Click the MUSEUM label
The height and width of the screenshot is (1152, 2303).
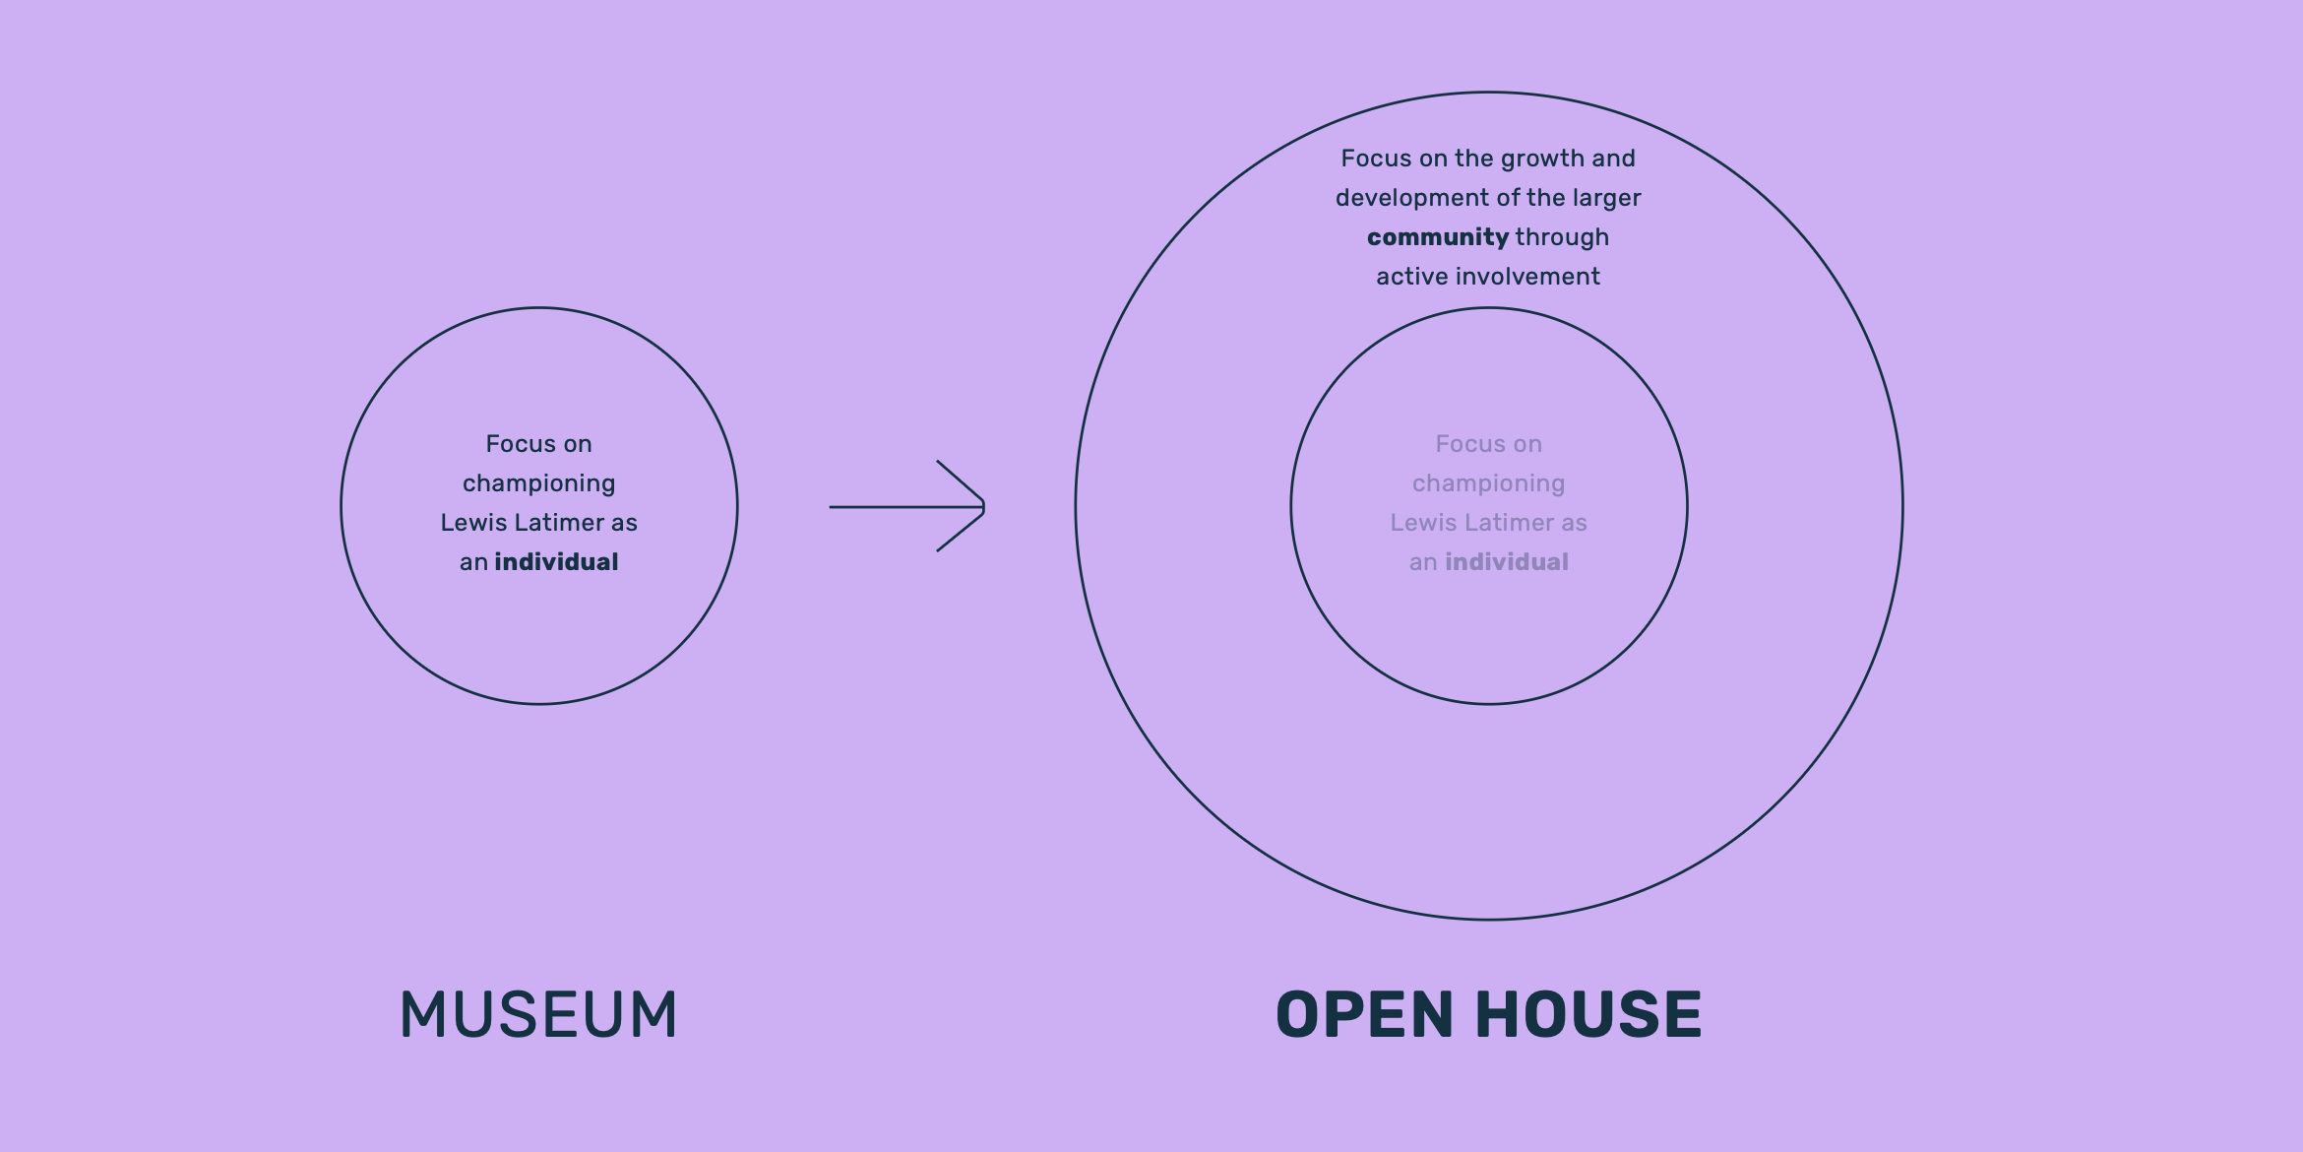(x=538, y=1015)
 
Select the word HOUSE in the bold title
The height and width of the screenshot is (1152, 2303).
(x=1588, y=1015)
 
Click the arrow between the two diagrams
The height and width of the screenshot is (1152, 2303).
(x=907, y=506)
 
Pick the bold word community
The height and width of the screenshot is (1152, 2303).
(x=1437, y=237)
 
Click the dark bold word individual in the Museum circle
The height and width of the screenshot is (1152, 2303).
(x=556, y=562)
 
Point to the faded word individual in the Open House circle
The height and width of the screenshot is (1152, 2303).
(x=1506, y=562)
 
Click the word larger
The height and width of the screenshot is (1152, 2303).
(x=1606, y=198)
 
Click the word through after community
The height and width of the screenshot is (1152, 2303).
(x=1562, y=237)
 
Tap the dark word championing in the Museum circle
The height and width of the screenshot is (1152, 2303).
(x=538, y=483)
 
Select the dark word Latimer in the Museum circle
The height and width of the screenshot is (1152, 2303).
(x=560, y=523)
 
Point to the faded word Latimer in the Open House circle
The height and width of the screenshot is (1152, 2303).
(x=1510, y=523)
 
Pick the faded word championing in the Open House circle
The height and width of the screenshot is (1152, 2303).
(x=1488, y=483)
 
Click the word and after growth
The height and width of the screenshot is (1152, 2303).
(x=1613, y=159)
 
